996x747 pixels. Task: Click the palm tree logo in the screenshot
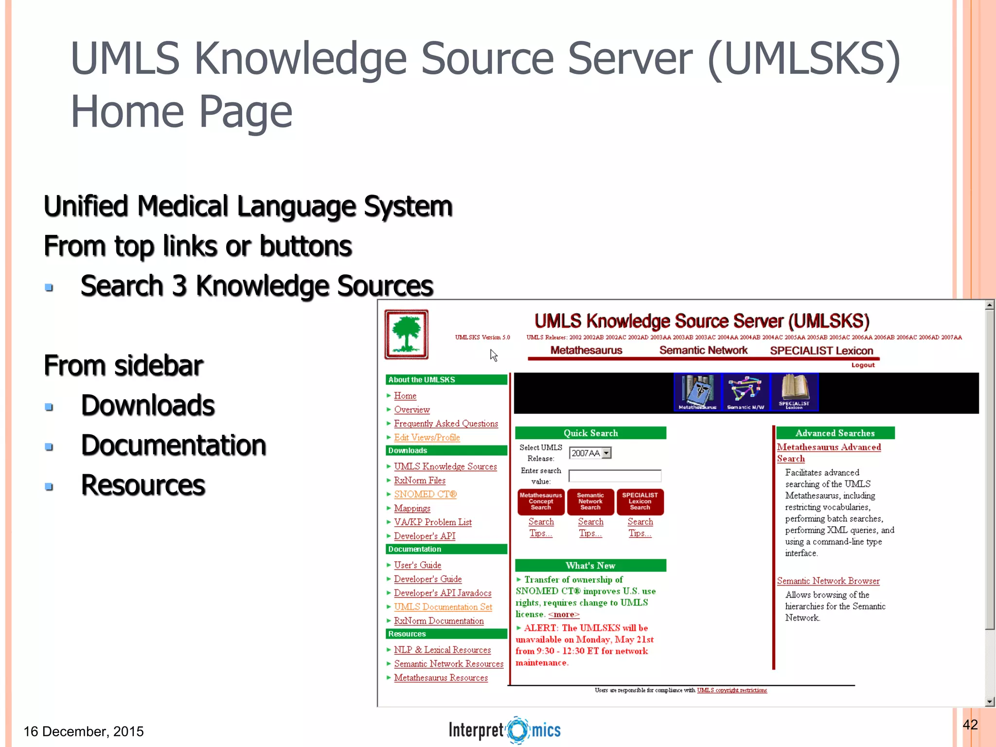(x=407, y=335)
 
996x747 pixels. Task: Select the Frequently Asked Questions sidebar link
(x=446, y=424)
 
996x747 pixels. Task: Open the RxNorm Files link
(x=420, y=480)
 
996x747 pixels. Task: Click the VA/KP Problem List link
(x=433, y=522)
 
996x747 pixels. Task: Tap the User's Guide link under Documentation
(x=418, y=565)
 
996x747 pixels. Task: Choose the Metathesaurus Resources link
(x=441, y=678)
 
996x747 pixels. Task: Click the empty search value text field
(x=615, y=476)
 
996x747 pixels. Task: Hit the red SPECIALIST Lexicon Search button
(x=640, y=501)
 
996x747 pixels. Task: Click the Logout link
(x=863, y=365)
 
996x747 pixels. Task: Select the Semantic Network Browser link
(x=828, y=581)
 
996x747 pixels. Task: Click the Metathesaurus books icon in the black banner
(x=697, y=392)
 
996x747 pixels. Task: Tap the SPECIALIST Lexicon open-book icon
(x=794, y=392)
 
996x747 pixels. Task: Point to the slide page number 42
(x=970, y=725)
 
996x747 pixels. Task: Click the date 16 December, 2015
(x=84, y=731)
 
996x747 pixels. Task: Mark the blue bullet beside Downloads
(x=49, y=407)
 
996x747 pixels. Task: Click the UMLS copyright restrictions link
(x=732, y=690)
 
